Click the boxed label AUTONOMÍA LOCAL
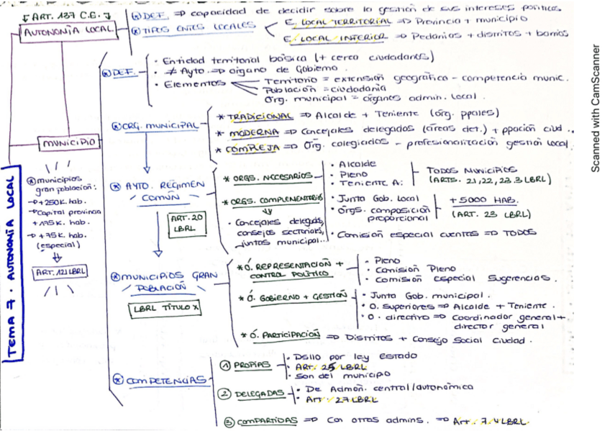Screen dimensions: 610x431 pos(69,32)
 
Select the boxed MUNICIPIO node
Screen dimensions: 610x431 pos(68,142)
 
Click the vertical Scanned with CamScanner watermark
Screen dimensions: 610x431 pos(594,108)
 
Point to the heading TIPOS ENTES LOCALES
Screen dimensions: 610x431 pos(198,27)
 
